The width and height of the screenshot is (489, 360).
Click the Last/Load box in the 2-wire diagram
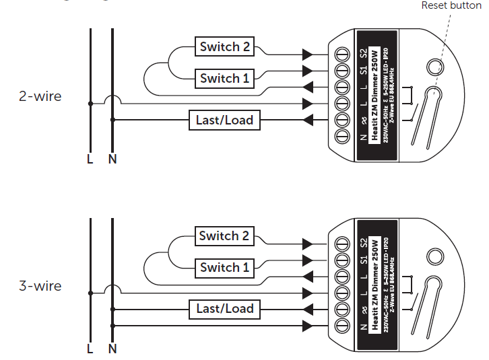click(224, 120)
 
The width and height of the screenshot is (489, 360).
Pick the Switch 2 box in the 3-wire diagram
click(224, 236)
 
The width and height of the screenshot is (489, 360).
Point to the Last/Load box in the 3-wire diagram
click(224, 309)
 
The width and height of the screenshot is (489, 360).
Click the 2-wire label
click(40, 96)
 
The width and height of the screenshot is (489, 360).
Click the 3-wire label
click(40, 286)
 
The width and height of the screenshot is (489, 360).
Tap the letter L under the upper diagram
click(90, 159)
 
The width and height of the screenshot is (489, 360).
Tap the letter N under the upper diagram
click(112, 159)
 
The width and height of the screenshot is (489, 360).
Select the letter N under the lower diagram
click(112, 349)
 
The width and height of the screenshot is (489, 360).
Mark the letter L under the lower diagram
click(90, 349)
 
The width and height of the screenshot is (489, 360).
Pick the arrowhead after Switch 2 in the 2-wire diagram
click(308, 54)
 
